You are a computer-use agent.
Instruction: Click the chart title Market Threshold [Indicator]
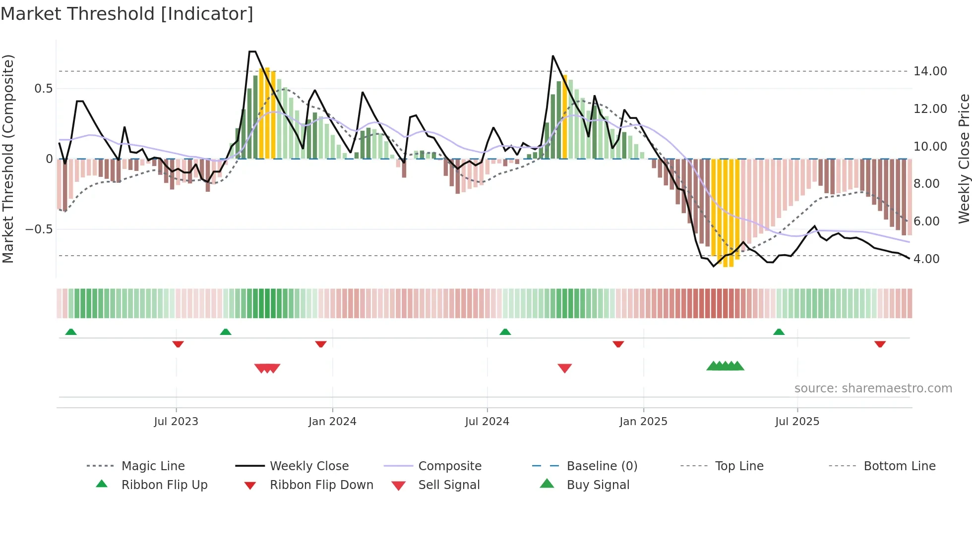(x=127, y=14)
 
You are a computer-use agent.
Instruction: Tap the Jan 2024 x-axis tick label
(x=332, y=422)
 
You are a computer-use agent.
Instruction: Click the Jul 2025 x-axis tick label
(x=797, y=422)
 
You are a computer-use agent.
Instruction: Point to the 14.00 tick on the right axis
(x=930, y=71)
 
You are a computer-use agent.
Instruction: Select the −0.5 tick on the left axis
(x=39, y=229)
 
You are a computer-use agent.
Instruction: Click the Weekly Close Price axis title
(x=964, y=159)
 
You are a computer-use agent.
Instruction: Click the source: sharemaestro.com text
(x=873, y=388)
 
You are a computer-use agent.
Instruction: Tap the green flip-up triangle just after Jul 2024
(x=505, y=332)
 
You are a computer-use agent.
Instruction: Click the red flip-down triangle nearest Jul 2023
(x=178, y=344)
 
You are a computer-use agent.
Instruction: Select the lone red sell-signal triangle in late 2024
(x=564, y=368)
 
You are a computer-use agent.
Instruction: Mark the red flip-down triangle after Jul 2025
(x=880, y=344)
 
